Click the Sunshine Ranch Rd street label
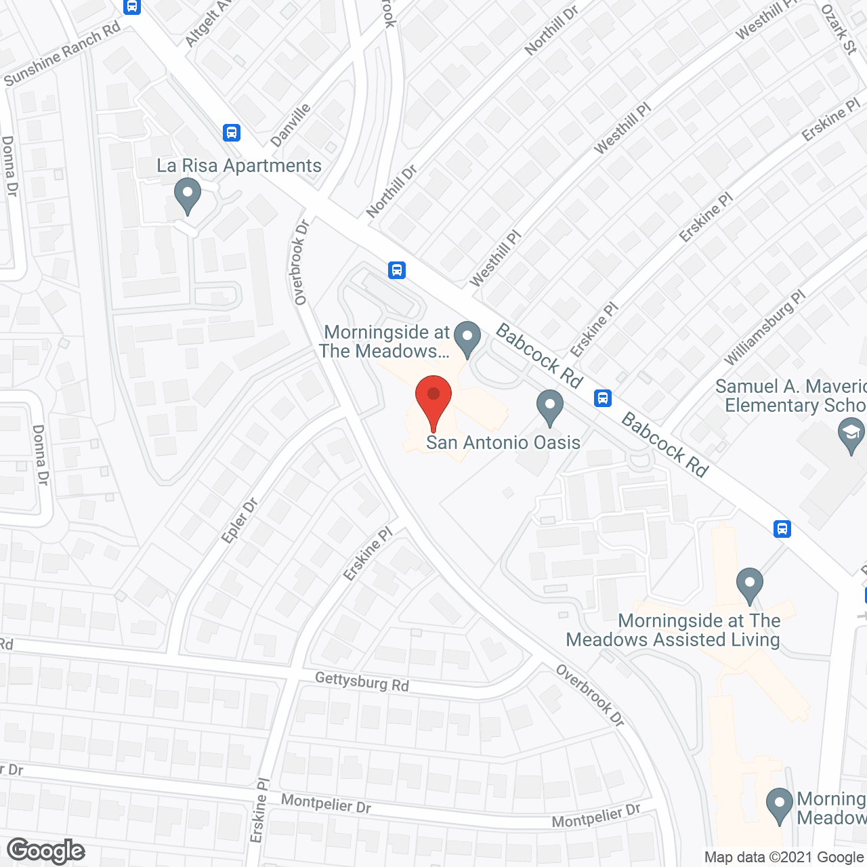62,54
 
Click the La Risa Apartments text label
239,166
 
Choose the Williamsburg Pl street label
765,328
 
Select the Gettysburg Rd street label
362,681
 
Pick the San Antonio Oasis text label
503,442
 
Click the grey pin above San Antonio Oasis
550,407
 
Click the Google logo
46,850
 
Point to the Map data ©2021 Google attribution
784,858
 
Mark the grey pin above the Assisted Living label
749,585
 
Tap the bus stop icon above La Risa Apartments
232,132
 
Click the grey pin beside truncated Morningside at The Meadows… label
467,338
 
